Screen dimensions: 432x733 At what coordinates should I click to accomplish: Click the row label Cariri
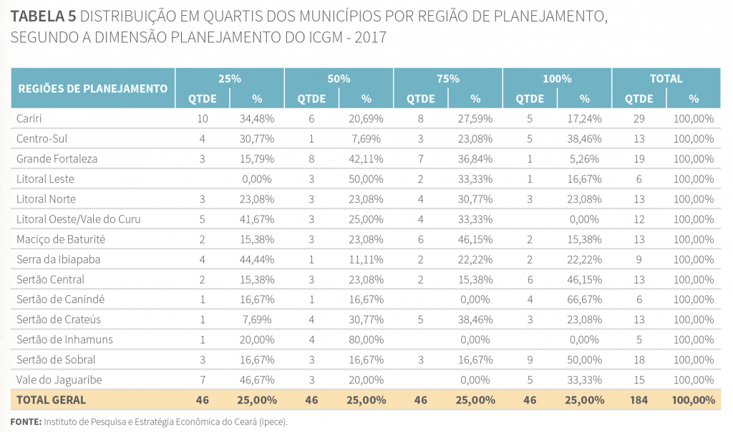[x=30, y=118]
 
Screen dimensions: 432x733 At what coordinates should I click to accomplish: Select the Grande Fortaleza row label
[x=57, y=158]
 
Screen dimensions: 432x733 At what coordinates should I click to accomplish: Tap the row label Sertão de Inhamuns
[x=64, y=339]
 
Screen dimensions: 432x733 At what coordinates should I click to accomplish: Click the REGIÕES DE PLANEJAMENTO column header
[x=92, y=89]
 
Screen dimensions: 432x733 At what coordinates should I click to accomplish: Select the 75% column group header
[x=448, y=79]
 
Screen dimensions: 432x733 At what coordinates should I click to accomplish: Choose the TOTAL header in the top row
[x=666, y=79]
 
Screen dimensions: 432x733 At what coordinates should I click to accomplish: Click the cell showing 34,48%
[x=257, y=118]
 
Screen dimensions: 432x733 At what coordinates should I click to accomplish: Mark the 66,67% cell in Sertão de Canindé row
[x=584, y=299]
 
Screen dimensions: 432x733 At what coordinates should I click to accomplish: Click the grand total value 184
[x=639, y=400]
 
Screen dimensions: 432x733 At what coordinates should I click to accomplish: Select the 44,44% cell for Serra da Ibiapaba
[x=257, y=259]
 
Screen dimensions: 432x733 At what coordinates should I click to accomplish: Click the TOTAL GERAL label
[x=52, y=400]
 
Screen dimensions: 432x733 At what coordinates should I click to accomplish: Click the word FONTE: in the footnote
[x=26, y=421]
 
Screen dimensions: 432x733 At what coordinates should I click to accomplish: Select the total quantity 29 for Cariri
[x=639, y=118]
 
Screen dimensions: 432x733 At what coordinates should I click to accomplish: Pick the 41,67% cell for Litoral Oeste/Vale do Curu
[x=257, y=219]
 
